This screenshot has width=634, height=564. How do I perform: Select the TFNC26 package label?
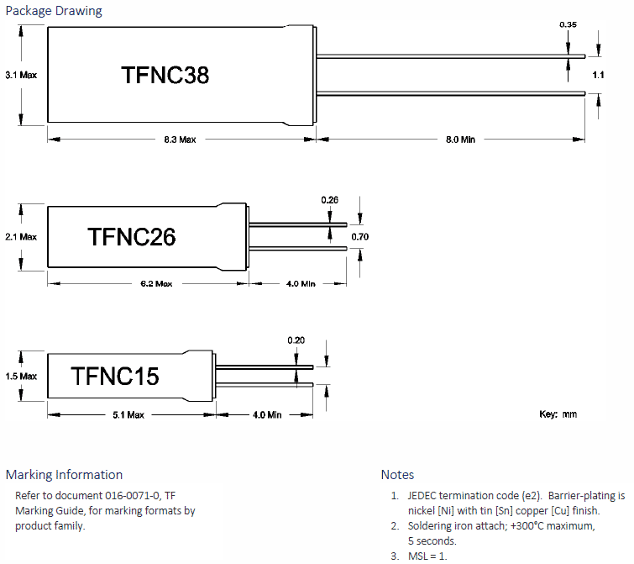coord(131,238)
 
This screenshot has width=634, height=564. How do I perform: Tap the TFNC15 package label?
coord(115,376)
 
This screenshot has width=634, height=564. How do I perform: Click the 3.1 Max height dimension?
coord(21,75)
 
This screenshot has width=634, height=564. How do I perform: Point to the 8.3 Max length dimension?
coord(180,140)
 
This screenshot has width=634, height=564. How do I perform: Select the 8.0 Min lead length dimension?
coord(459,140)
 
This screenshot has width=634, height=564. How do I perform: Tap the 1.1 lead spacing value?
coord(598,76)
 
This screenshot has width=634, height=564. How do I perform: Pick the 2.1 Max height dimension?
coord(21,237)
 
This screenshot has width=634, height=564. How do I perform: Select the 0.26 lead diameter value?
coord(330,200)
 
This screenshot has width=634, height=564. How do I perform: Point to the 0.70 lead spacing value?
coord(359,237)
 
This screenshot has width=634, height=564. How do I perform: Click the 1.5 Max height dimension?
coord(21,377)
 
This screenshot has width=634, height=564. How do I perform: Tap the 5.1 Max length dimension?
coord(128,415)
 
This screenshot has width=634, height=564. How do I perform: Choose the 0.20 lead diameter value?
coord(296,340)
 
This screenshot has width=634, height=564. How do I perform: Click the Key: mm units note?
coord(558,414)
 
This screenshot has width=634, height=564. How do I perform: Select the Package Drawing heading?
coord(54,11)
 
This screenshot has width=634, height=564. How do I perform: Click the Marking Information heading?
coord(64,475)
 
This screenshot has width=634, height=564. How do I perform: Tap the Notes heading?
coord(397,475)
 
